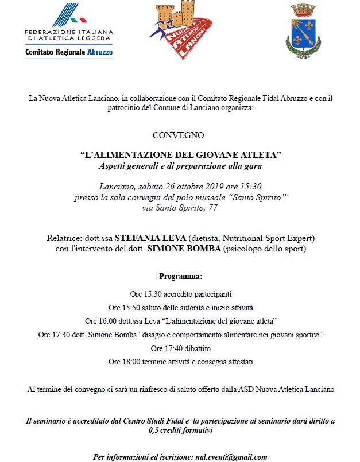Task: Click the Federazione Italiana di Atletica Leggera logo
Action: [x=69, y=31]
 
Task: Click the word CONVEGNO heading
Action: [x=179, y=135]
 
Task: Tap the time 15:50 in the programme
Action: [x=132, y=307]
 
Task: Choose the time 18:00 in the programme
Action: [x=133, y=362]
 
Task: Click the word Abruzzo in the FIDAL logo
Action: [x=99, y=52]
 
